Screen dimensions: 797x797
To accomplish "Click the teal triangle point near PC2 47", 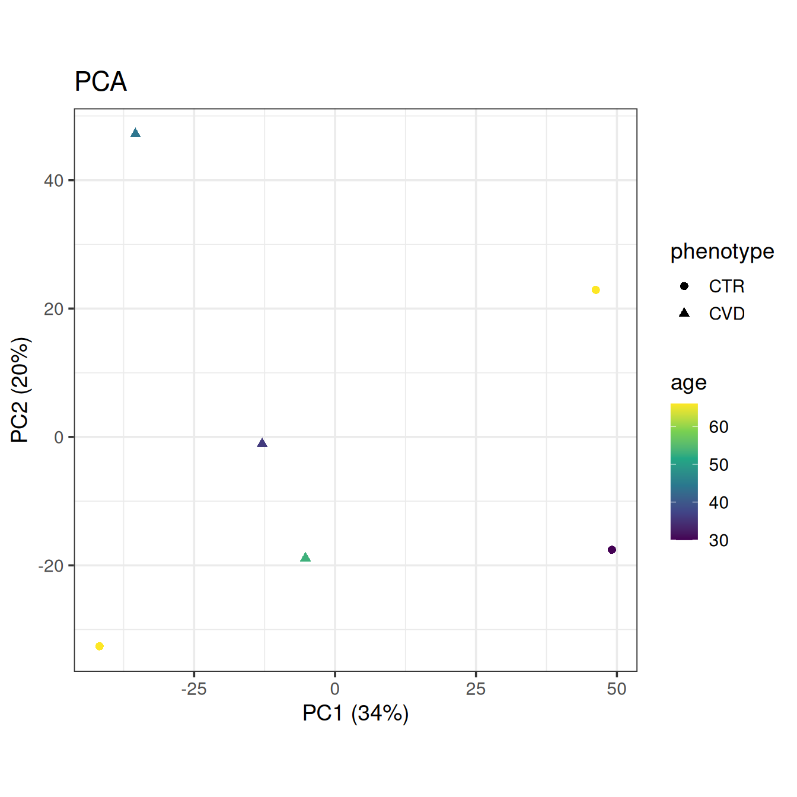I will (135, 133).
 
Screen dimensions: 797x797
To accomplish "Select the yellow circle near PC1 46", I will (595, 290).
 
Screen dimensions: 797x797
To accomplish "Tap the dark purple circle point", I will (611, 550).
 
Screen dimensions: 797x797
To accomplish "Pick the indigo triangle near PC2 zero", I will (262, 443).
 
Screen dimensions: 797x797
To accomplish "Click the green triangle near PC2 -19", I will (305, 557).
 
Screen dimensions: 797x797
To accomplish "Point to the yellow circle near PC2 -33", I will (100, 646).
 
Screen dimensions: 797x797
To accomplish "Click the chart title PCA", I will (101, 82).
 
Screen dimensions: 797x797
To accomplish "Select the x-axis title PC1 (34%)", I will (355, 713).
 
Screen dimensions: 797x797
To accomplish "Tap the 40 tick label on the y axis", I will (53, 180).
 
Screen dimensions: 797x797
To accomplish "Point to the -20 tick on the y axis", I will (51, 566).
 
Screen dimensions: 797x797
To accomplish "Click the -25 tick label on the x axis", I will (193, 689).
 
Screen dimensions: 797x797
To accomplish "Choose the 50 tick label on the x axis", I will (617, 689).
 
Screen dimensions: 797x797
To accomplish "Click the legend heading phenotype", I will (722, 251).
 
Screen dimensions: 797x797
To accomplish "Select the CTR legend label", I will (726, 286).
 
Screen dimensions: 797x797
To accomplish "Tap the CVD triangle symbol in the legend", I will (684, 313).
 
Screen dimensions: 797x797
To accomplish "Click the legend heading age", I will (688, 382).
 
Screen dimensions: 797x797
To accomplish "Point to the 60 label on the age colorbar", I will (719, 427).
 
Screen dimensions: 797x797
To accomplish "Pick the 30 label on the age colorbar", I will (719, 541).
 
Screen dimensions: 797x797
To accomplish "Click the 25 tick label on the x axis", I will (476, 689).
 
